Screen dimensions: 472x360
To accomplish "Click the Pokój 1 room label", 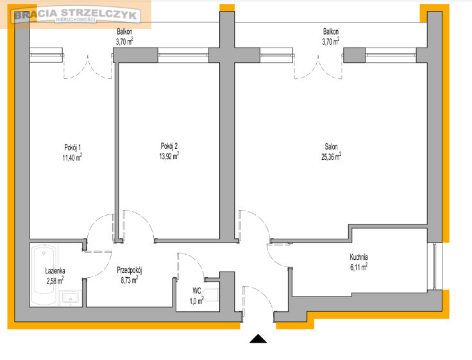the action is tap(72, 148).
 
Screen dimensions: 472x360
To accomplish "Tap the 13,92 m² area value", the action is tap(169, 156).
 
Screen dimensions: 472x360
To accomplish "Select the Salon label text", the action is tap(331, 147).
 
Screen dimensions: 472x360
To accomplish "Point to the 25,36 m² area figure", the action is tap(331, 157).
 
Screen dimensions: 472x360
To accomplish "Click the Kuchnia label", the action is tap(358, 257).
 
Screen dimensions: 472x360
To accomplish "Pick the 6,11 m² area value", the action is tap(358, 266).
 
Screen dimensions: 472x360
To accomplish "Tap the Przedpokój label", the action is tap(130, 270).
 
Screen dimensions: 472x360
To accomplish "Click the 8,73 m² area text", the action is tap(130, 280).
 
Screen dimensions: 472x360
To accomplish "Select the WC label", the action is tap(197, 291).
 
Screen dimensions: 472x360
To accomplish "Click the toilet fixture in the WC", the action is tap(211, 295).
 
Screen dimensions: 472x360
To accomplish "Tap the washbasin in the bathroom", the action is tap(71, 298).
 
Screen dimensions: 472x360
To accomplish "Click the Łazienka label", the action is tap(55, 271).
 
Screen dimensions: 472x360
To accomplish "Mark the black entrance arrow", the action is tap(258, 339).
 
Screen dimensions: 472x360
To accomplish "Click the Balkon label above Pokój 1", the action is tap(124, 31).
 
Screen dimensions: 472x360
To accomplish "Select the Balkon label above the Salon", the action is tap(331, 31).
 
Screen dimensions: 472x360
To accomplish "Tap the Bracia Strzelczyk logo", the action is tap(76, 15).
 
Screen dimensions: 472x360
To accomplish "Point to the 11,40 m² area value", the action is tap(72, 157).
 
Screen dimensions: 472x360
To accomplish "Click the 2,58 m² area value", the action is tap(55, 280).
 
